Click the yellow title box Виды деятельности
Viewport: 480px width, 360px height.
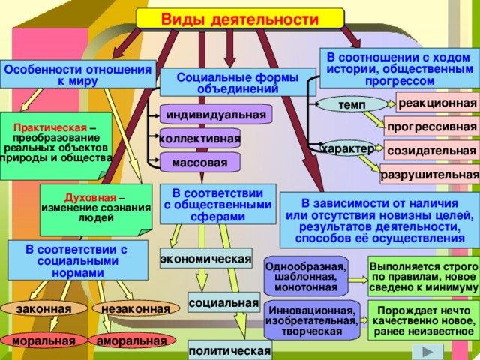(x=240, y=19)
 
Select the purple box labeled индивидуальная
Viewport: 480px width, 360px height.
(x=216, y=114)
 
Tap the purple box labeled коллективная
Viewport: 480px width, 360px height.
(x=200, y=139)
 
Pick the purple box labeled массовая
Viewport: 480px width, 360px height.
(x=200, y=162)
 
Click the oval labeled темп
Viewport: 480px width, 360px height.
(x=352, y=105)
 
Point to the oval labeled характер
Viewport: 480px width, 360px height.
(x=348, y=148)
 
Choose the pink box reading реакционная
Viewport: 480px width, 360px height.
(x=438, y=103)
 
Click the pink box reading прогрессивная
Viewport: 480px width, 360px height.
(x=432, y=126)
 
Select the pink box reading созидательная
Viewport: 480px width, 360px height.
(x=432, y=150)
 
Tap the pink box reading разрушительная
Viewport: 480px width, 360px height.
(x=430, y=175)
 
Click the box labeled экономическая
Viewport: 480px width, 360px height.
(x=206, y=258)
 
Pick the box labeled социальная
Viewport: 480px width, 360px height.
(x=223, y=302)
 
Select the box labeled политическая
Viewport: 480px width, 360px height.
(x=229, y=350)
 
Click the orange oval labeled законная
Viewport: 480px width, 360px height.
(x=43, y=308)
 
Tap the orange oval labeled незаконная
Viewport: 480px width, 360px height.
(x=136, y=308)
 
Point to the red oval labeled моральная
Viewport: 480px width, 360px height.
(x=43, y=340)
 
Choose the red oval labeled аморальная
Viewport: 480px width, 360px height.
(x=132, y=340)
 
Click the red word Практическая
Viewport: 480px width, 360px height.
(x=50, y=127)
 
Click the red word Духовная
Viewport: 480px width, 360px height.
(x=90, y=198)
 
